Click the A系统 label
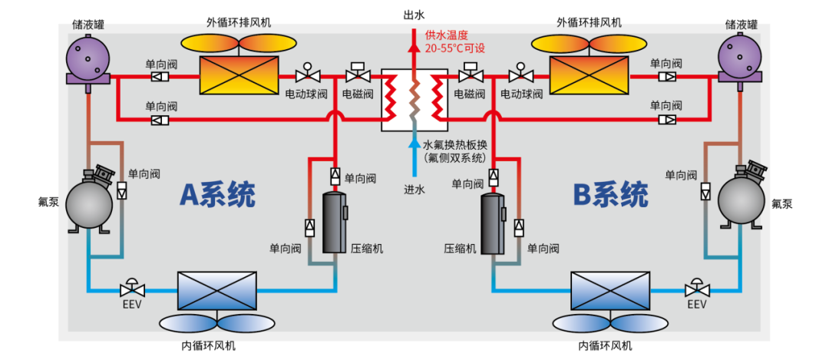[x=217, y=194]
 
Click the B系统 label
[x=611, y=194]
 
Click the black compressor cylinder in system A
[x=335, y=223]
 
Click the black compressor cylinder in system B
[x=493, y=223]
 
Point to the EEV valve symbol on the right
[x=697, y=289]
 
